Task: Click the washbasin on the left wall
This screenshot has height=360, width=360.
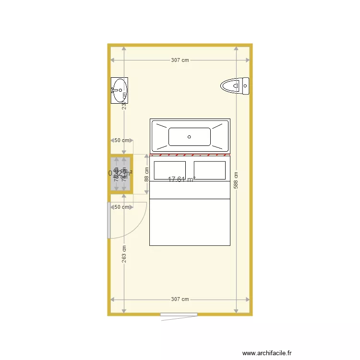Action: point(120,90)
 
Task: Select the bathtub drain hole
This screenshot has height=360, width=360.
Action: point(189,137)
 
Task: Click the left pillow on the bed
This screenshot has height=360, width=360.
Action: point(169,170)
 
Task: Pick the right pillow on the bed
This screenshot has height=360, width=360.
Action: point(210,170)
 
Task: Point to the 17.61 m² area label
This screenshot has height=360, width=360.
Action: point(181,180)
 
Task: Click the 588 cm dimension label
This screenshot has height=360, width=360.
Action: point(236,180)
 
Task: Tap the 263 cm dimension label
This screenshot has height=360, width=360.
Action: point(124,255)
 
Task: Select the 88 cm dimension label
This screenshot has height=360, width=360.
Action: point(146,174)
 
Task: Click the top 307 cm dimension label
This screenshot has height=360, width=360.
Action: point(180,60)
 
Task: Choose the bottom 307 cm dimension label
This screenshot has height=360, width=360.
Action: point(180,299)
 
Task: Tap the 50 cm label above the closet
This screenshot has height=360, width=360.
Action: point(121,140)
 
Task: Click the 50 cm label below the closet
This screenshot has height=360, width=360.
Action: point(121,207)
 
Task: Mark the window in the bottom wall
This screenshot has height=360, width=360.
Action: point(179,315)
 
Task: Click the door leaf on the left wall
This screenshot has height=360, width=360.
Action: point(108,220)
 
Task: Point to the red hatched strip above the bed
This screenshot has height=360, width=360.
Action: point(190,155)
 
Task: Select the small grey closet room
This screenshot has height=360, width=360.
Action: point(120,174)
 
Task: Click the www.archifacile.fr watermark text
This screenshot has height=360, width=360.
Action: point(267,353)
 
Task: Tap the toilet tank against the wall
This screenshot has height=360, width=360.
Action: point(245,86)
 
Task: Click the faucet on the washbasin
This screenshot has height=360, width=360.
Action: point(113,90)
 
